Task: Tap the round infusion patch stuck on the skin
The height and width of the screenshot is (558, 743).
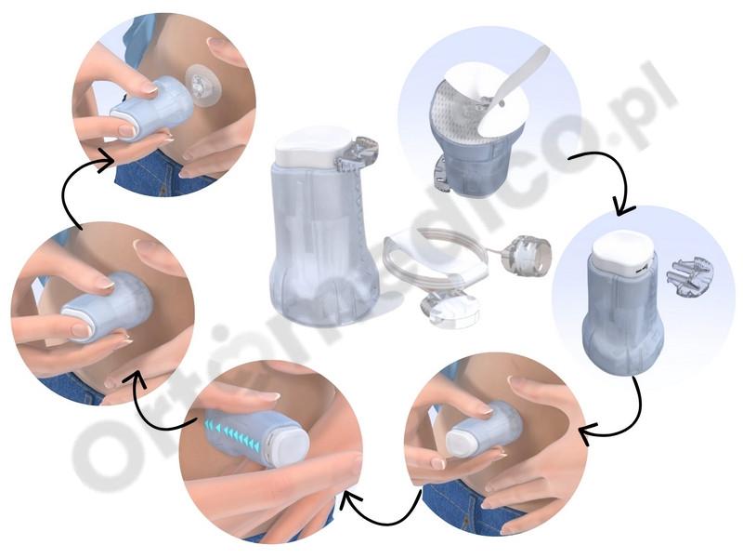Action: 203,84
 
